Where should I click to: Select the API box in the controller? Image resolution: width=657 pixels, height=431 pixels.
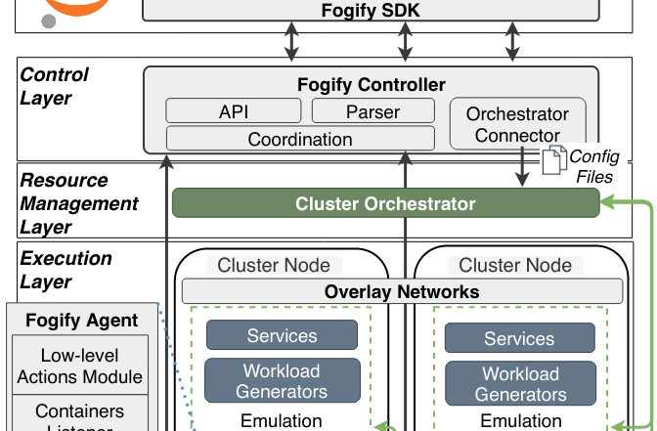point(234,111)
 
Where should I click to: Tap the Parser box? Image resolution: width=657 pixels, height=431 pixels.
point(372,111)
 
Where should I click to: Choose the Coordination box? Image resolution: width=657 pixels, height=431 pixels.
point(300,139)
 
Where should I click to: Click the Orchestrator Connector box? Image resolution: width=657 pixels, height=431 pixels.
point(517,125)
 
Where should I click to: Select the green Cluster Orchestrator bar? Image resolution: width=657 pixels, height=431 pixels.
point(385,204)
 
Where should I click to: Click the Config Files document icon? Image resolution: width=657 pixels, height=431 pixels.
point(554,157)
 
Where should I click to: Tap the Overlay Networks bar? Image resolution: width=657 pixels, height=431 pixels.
point(402,291)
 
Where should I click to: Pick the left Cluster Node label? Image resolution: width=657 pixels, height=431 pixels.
point(273,265)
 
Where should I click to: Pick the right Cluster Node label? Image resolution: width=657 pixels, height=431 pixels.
point(514,265)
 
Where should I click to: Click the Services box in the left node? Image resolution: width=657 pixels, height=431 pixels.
point(282,336)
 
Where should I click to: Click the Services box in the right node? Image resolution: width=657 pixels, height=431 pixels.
point(519,338)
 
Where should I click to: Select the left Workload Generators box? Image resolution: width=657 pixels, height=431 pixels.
point(282,382)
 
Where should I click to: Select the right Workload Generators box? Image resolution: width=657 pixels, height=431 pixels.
point(519,383)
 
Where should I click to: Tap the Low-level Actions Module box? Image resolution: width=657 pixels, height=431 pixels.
point(78,366)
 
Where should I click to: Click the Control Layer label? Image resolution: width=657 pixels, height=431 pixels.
point(54,86)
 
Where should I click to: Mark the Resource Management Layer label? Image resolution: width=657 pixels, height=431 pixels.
point(79,203)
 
